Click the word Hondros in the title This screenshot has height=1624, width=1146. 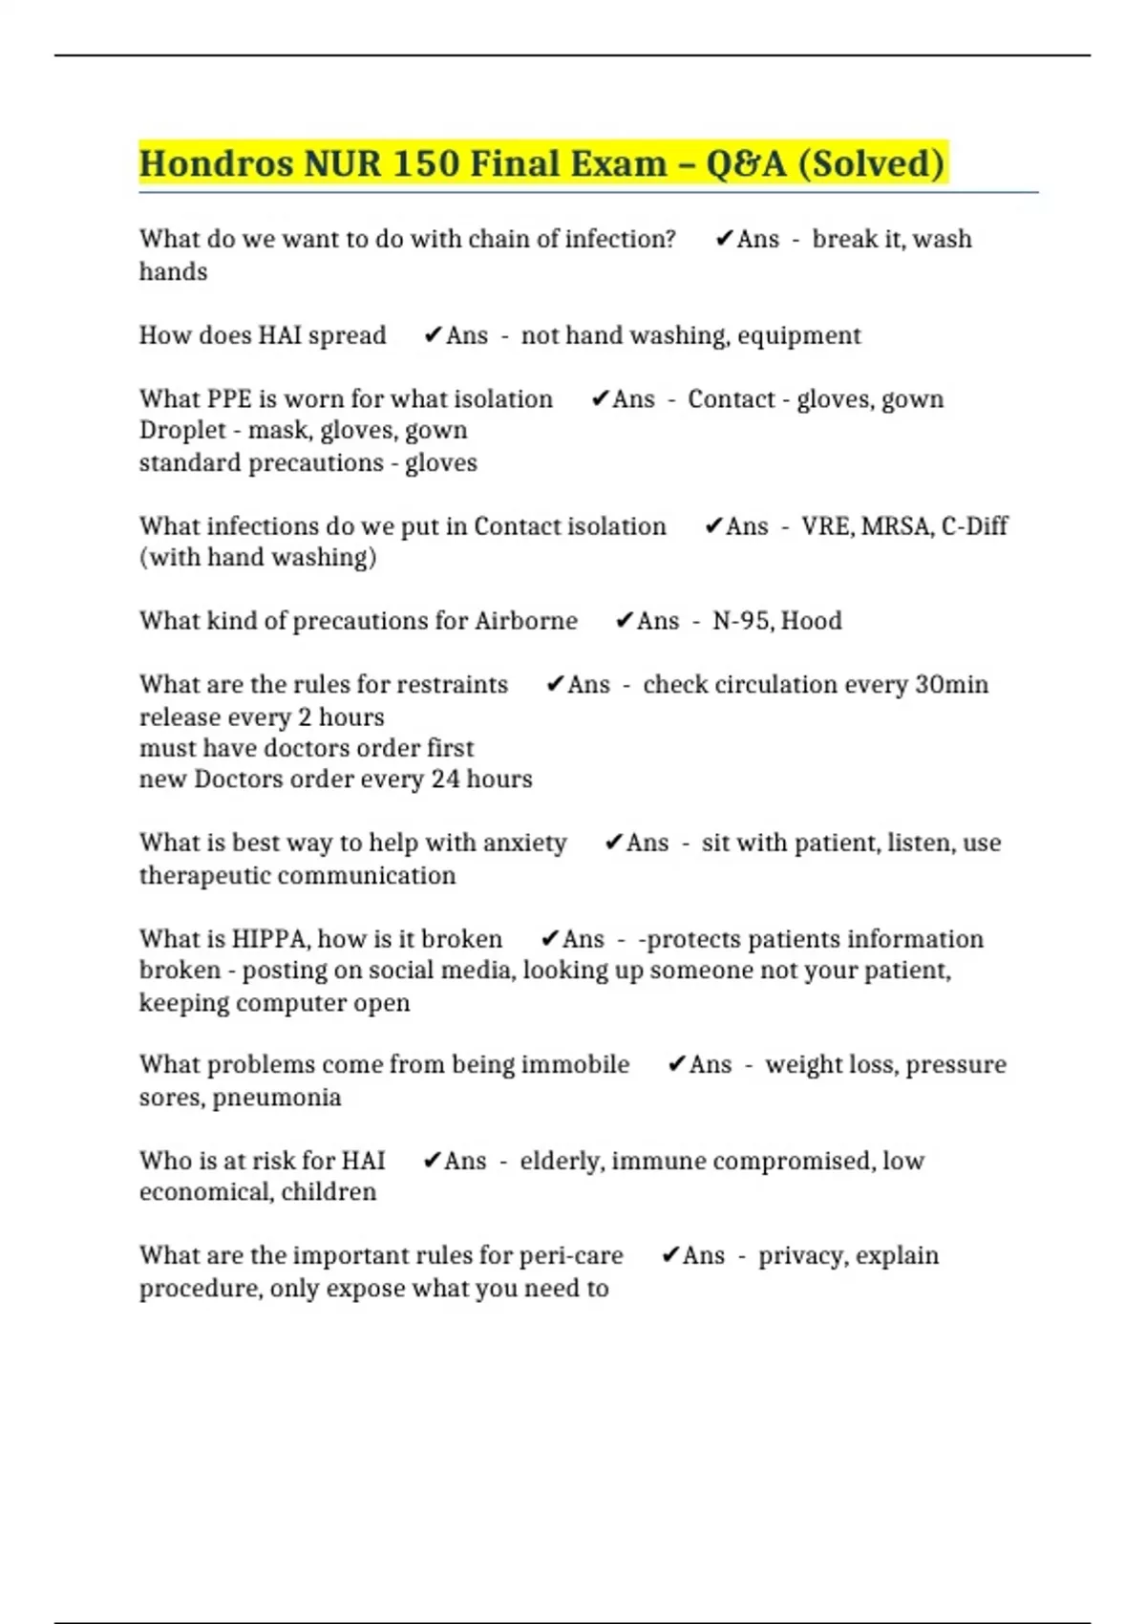click(x=217, y=163)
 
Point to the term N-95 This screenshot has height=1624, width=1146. click(x=742, y=621)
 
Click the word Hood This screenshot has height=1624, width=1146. click(x=812, y=621)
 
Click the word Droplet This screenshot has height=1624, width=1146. click(x=182, y=431)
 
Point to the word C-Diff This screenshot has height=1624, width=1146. click(x=974, y=526)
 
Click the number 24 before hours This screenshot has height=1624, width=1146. click(x=445, y=780)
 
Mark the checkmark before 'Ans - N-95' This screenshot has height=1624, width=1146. click(x=625, y=621)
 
